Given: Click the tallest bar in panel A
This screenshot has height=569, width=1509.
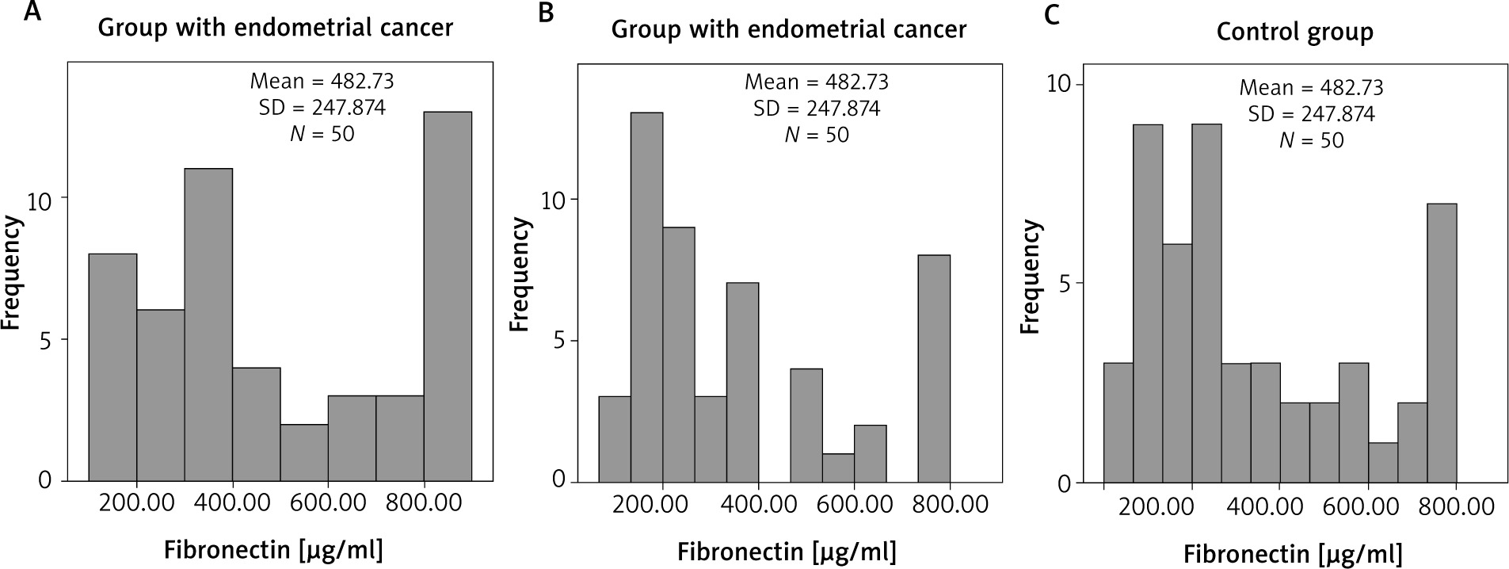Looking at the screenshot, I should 448,296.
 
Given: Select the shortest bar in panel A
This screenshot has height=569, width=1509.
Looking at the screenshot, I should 303,453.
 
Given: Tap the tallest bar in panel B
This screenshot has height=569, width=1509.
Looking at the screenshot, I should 646,296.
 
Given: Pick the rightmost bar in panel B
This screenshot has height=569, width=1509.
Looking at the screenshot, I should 934,368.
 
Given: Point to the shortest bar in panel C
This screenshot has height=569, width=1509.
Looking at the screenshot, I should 1383,463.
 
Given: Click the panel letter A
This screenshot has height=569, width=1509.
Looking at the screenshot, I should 32,13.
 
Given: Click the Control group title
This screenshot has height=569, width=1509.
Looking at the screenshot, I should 1294,32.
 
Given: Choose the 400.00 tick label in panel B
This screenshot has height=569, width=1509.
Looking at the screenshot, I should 758,504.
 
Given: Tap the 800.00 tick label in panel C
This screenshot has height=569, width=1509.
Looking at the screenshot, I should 1456,506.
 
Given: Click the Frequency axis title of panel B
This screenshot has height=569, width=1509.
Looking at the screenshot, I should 519,275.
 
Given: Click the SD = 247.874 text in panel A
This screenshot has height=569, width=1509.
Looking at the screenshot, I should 322,108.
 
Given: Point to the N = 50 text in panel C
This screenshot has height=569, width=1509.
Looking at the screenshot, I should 1311,140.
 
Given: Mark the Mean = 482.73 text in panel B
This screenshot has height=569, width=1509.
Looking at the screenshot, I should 816,82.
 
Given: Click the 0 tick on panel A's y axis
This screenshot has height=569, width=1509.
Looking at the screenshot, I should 44,481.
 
